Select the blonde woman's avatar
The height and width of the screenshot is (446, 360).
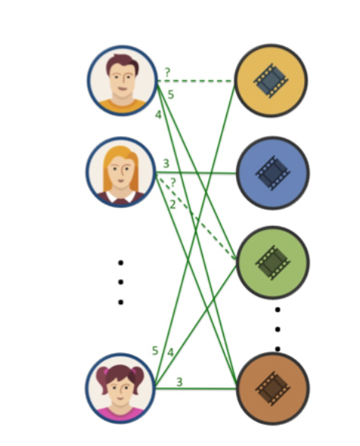120,172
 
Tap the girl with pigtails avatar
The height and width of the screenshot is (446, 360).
120,389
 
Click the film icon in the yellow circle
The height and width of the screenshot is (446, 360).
271,80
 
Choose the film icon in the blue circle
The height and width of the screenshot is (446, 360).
272,173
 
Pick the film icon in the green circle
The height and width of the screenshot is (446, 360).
272,262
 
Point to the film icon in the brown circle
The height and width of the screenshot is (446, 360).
272,389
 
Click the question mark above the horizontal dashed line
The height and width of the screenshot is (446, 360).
167,73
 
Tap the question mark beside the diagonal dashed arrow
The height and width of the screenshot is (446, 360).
172,182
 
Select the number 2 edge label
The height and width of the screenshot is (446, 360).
172,204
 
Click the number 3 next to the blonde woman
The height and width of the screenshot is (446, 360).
166,163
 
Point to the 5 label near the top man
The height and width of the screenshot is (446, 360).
171,94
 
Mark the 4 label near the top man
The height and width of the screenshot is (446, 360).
158,115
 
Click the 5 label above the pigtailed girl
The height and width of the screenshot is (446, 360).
155,351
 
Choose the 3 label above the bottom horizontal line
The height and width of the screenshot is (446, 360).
179,382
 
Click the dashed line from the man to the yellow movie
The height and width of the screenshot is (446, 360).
196,81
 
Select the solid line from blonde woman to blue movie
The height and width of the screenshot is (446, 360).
196,172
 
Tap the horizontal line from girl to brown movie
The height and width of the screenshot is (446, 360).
196,389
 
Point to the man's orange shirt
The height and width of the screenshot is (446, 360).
123,106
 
